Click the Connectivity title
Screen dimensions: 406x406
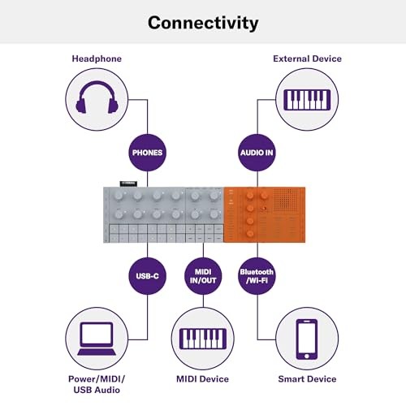coord(203,23)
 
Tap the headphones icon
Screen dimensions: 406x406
coord(97,97)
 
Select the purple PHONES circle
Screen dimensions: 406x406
coord(147,153)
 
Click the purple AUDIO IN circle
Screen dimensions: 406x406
coord(257,153)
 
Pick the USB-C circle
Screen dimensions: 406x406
coord(147,276)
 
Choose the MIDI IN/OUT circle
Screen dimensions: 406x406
coord(203,276)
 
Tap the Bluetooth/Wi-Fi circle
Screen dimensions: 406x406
coord(257,276)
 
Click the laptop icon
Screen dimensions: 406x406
coord(97,339)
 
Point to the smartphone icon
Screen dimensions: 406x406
coord(307,339)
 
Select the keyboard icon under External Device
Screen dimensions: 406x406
coord(307,100)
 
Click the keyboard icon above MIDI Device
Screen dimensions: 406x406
coord(203,339)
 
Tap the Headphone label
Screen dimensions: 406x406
coord(97,58)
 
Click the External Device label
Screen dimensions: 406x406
coord(307,58)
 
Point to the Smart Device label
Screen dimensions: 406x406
coord(307,379)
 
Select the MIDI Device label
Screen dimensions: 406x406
coord(202,379)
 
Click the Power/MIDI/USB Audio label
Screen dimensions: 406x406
coord(97,384)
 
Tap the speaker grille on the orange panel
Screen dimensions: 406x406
coord(286,200)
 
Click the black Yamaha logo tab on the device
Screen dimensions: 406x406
coord(128,184)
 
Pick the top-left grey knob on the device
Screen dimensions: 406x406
coord(119,196)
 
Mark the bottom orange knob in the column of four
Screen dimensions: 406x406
coord(250,233)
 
